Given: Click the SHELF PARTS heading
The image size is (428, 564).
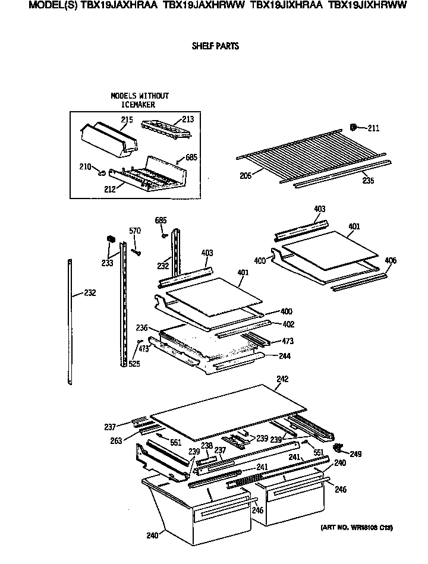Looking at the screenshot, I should (x=215, y=46).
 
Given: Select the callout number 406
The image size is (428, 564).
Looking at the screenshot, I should (x=390, y=261).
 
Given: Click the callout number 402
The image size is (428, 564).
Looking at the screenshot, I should (x=288, y=324).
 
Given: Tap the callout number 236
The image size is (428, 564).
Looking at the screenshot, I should (x=141, y=327).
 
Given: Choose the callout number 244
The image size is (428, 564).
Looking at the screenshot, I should (x=286, y=356).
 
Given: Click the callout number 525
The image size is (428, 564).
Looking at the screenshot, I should (x=134, y=364).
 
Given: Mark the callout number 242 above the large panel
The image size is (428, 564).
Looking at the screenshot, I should (x=282, y=379).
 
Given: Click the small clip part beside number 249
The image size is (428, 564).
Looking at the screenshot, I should (x=339, y=447).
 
